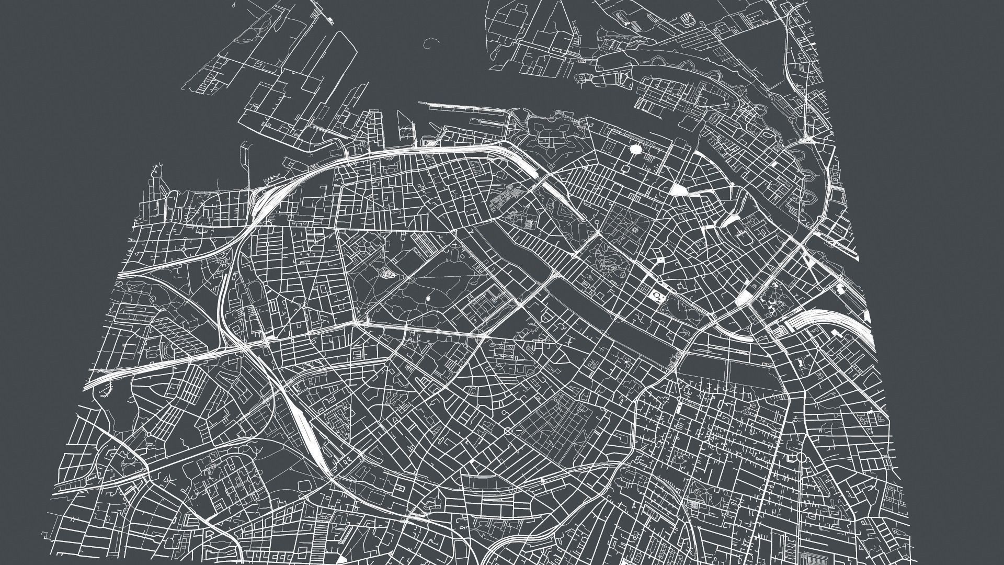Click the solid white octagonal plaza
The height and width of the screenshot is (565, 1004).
coord(636,150)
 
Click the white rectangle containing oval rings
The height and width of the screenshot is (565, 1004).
coord(656,297)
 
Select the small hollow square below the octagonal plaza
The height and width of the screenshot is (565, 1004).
coord(625,169)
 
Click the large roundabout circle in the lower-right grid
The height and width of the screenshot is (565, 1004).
coord(801,457)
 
